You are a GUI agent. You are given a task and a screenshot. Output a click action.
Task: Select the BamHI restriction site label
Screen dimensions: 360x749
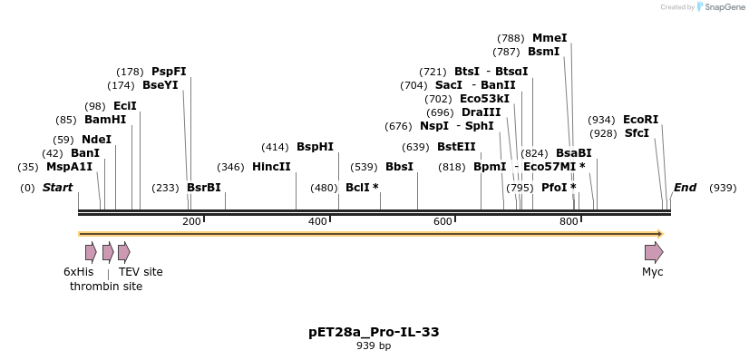coord(105,120)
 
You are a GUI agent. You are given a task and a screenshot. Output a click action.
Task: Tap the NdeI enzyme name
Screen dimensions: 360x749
coord(96,140)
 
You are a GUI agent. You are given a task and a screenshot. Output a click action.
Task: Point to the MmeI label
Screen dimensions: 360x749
coord(550,38)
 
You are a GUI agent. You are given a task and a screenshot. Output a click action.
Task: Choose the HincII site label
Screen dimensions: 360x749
coord(271,167)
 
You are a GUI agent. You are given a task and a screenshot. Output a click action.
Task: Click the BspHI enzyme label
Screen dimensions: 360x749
coord(315,147)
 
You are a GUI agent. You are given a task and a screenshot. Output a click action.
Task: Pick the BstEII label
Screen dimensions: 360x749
coord(456,147)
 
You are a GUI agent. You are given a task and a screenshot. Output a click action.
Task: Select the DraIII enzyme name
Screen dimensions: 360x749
coord(481,112)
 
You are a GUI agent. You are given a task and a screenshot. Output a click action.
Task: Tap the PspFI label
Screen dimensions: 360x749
coord(169,72)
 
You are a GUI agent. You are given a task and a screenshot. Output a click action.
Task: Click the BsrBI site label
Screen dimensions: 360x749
coord(203,188)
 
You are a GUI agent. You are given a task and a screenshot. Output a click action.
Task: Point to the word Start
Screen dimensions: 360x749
coord(57,188)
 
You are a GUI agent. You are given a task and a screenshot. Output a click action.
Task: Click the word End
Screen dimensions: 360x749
coord(685,188)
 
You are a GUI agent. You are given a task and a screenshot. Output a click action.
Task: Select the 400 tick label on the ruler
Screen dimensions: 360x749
coord(317,222)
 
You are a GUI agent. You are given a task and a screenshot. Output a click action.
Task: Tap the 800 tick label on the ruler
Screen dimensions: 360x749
coord(569,222)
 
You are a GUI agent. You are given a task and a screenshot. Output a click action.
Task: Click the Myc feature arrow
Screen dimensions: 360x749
coord(653,252)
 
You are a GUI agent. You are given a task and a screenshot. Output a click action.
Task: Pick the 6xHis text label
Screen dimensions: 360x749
coord(78,272)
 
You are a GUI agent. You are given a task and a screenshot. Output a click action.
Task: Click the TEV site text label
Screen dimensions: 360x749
coord(141,272)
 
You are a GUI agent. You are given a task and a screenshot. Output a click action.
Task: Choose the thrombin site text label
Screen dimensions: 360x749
coord(106,287)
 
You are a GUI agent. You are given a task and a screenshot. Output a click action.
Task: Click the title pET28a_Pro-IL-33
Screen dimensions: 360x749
coord(374,332)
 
